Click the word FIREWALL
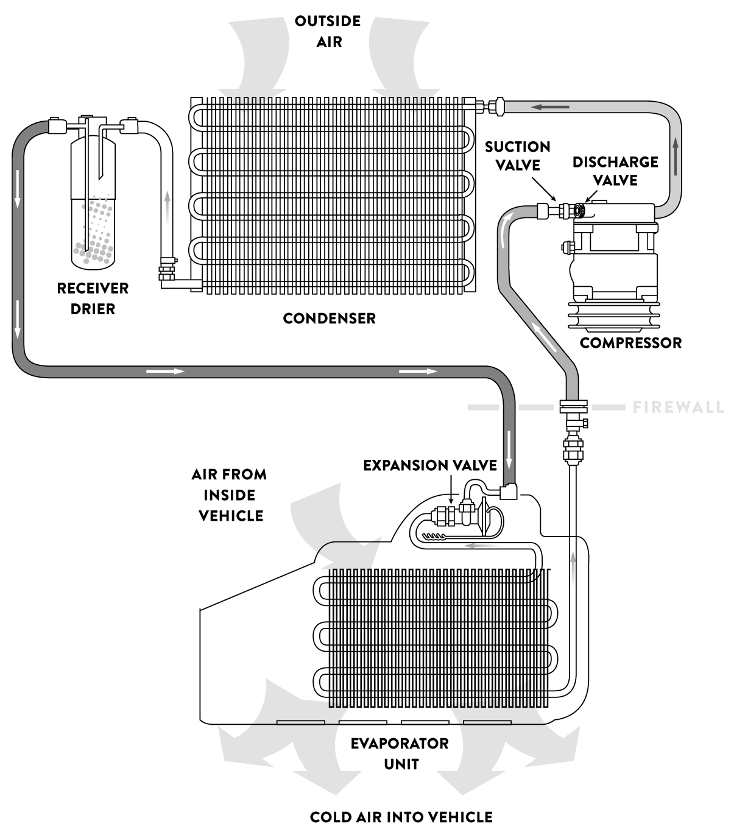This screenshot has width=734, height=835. (678, 407)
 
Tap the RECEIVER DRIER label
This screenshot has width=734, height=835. (93, 298)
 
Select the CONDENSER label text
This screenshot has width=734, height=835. (329, 318)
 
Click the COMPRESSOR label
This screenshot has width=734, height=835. (630, 342)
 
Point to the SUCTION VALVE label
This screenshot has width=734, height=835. (518, 156)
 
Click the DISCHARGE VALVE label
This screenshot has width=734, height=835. (615, 171)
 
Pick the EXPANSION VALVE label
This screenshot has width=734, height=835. (430, 465)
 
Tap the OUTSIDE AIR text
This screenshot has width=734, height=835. (328, 31)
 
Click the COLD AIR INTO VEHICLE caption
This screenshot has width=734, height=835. (401, 817)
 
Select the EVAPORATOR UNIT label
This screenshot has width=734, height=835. (400, 753)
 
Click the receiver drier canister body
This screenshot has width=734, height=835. (93, 201)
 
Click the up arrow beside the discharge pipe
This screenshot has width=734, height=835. (676, 150)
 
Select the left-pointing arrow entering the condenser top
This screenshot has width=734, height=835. (551, 108)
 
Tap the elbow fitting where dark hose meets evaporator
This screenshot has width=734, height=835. (508, 491)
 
